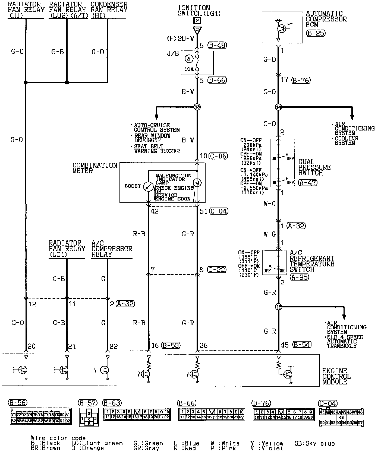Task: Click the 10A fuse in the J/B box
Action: click(197, 63)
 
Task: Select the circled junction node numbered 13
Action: click(197, 107)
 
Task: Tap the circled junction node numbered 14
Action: click(278, 107)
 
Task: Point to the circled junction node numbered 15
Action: click(279, 307)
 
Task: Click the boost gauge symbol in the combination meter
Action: click(148, 187)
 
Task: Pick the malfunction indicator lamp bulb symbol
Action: click(197, 183)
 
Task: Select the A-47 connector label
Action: click(307, 182)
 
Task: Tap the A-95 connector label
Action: click(299, 277)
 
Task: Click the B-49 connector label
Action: click(217, 45)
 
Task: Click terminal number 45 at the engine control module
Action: click(284, 345)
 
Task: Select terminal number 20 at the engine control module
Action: click(31, 346)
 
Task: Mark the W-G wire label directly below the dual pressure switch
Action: click(270, 204)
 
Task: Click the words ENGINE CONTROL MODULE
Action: click(336, 376)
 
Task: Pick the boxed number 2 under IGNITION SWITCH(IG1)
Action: click(197, 20)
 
